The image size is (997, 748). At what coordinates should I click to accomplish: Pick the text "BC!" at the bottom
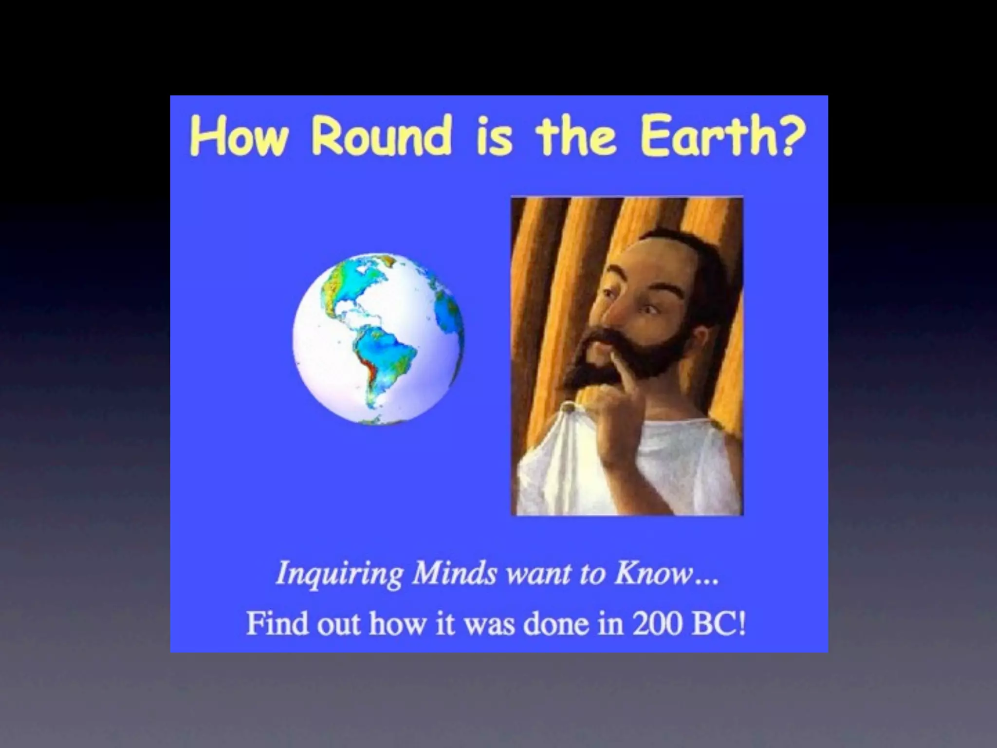(719, 624)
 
